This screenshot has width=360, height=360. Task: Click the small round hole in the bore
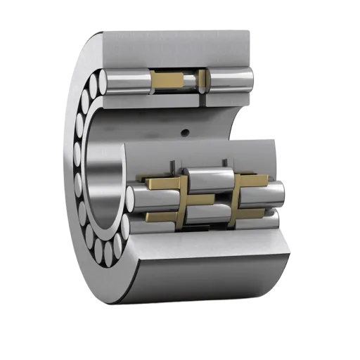[x=186, y=131]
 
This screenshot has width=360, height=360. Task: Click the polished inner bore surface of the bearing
[x=105, y=176]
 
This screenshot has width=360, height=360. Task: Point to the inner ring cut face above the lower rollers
[x=211, y=151]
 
